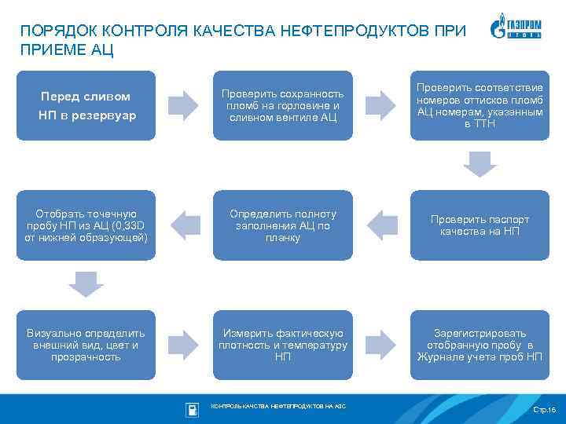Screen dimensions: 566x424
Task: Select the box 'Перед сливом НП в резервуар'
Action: tap(86, 106)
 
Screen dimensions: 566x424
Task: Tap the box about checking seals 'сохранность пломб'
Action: tap(283, 106)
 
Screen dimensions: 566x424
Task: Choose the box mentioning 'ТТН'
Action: tap(480, 106)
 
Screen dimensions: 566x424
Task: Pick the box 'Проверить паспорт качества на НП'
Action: tap(480, 225)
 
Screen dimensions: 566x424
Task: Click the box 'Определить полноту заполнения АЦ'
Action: tap(283, 225)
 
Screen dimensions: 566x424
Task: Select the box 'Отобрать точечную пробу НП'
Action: tap(86, 225)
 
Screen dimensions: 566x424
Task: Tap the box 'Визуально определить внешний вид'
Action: tap(86, 345)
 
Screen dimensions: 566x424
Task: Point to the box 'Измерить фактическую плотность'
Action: tap(283, 345)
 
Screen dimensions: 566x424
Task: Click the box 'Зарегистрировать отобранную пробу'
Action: tap(480, 345)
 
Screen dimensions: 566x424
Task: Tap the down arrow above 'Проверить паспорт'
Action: tap(480, 164)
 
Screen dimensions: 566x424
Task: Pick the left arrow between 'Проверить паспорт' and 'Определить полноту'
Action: tap(382, 225)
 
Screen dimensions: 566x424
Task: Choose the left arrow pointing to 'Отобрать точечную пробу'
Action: tap(186, 225)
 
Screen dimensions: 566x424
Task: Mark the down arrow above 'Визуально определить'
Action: tap(86, 283)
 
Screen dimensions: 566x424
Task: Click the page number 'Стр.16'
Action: tap(543, 410)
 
